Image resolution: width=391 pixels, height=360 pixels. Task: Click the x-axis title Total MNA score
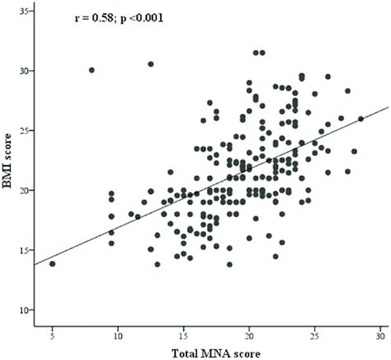click(216, 353)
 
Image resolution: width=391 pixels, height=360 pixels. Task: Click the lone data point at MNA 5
click(52, 263)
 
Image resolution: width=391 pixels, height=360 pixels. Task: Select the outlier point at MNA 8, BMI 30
click(92, 70)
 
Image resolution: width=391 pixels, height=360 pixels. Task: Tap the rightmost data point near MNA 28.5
click(360, 119)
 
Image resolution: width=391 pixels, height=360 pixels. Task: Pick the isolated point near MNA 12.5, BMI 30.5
click(151, 64)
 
